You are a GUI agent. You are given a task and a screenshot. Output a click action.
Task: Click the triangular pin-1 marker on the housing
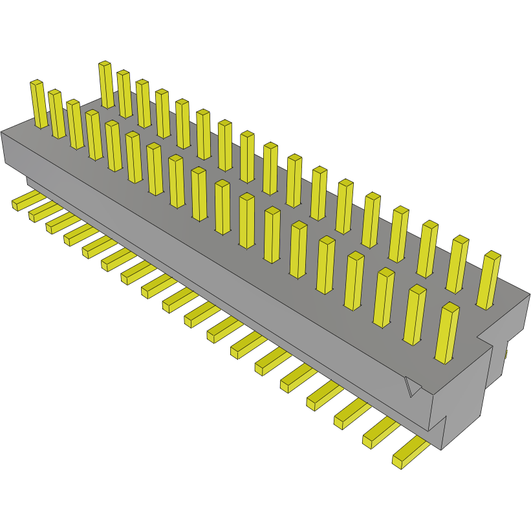[x=411, y=387]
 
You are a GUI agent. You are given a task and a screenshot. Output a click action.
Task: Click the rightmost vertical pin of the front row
[x=447, y=332]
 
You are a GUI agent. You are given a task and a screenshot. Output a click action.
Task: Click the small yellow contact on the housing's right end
[x=505, y=354]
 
